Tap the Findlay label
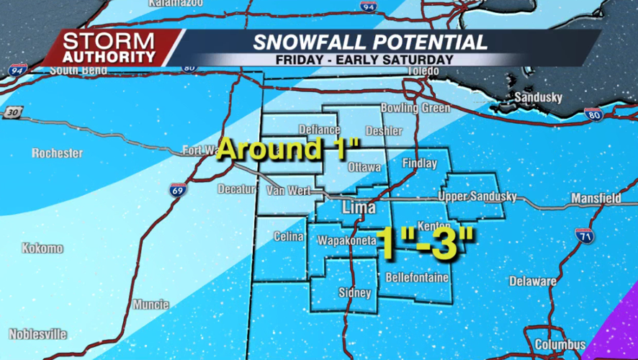pyautogui.click(x=420, y=163)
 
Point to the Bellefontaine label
pyautogui.click(x=417, y=277)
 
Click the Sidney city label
pyautogui.click(x=354, y=293)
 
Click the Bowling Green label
pyautogui.click(x=415, y=108)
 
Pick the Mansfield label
pyautogui.click(x=596, y=197)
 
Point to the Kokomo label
pyautogui.click(x=42, y=248)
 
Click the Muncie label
pyautogui.click(x=150, y=305)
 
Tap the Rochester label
pyautogui.click(x=58, y=153)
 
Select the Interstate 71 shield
pyautogui.click(x=584, y=235)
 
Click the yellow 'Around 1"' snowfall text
pyautogui.click(x=288, y=149)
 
